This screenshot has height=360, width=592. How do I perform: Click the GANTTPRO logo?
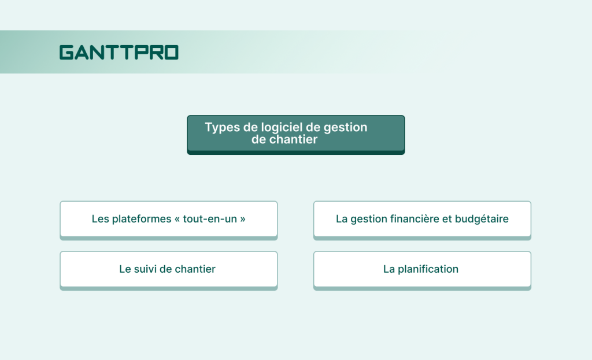[x=119, y=53]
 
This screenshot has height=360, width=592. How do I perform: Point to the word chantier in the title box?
[x=294, y=140]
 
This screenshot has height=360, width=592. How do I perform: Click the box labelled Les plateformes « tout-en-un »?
[x=168, y=219]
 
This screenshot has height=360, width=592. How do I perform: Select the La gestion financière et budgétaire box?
[x=422, y=219]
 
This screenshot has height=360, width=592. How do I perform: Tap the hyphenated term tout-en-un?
[x=210, y=219]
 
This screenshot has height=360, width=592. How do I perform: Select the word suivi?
[x=146, y=269]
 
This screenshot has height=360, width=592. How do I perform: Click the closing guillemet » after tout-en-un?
[x=242, y=220]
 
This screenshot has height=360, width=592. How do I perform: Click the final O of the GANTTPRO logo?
[x=171, y=53]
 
